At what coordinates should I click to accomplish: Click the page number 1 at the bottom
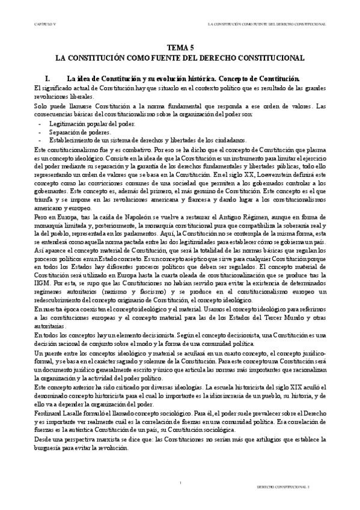[x=180, y=483]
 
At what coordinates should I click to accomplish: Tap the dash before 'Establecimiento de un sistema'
[x=40, y=140]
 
